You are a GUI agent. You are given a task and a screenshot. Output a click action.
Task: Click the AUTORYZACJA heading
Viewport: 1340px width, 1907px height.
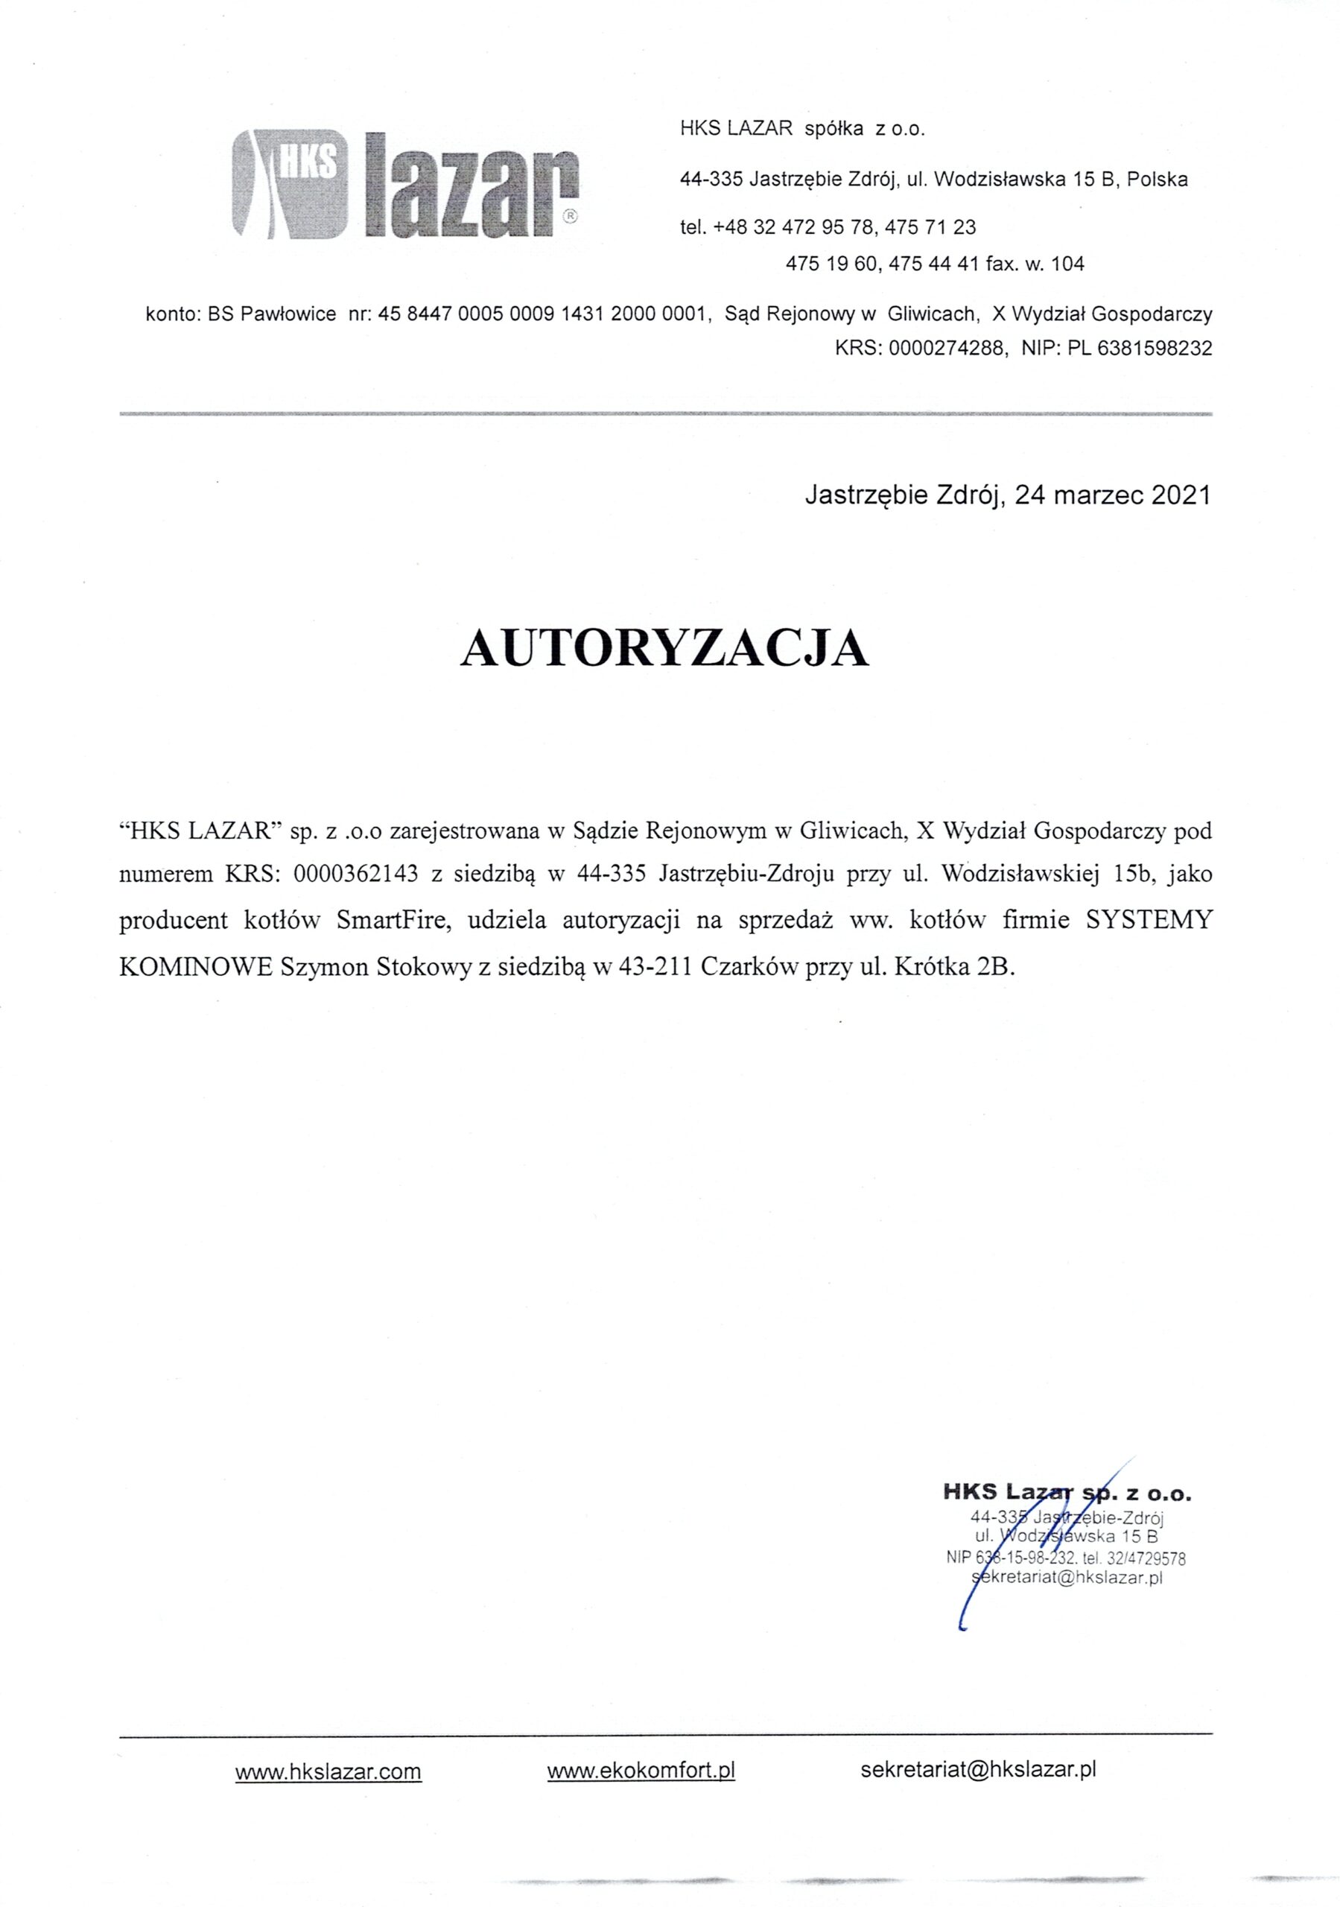(x=664, y=649)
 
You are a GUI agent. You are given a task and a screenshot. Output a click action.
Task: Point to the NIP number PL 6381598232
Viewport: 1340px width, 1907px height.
(x=1140, y=348)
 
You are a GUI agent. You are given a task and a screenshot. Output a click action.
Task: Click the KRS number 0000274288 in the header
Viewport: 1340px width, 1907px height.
(x=945, y=348)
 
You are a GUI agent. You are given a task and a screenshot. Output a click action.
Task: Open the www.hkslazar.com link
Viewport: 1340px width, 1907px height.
(x=328, y=1771)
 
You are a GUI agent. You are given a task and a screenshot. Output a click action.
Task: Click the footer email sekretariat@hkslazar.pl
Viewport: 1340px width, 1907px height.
(x=979, y=1768)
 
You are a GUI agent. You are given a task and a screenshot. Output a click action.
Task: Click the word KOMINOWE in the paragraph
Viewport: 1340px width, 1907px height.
(x=196, y=968)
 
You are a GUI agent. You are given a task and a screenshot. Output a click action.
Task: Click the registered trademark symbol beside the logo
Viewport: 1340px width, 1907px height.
(x=570, y=216)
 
